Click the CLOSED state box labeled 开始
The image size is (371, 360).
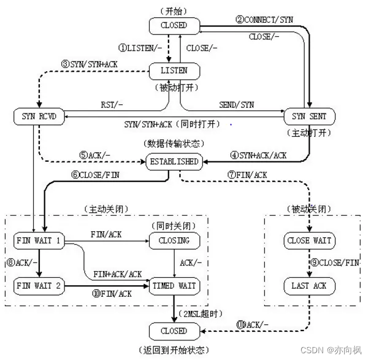click(x=174, y=25)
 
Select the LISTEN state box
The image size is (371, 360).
click(x=174, y=71)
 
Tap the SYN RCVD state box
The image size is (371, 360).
click(x=39, y=115)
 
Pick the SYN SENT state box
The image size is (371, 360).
click(x=309, y=115)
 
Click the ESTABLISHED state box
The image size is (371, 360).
click(x=174, y=162)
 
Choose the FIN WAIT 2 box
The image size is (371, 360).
click(x=39, y=285)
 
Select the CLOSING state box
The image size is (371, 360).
click(x=174, y=240)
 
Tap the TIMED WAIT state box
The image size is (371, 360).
click(x=174, y=285)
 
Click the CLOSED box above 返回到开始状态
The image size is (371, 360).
click(x=174, y=331)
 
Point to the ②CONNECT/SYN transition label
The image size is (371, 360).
click(x=264, y=20)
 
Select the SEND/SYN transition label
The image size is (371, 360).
click(x=236, y=105)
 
